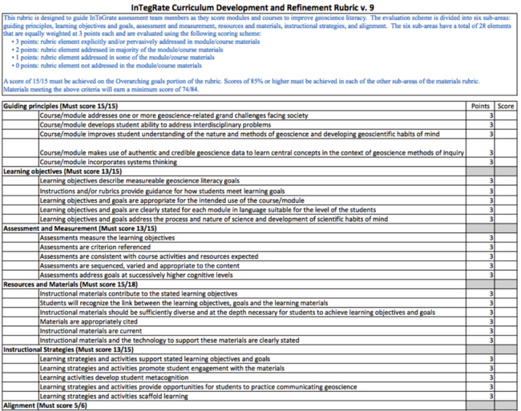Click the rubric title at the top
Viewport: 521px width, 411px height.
point(260,6)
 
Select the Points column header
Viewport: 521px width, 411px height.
point(480,106)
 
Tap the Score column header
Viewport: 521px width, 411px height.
point(505,106)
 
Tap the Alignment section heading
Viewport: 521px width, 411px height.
point(45,405)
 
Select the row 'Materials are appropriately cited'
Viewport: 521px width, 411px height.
point(89,321)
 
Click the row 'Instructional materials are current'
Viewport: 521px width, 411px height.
point(88,331)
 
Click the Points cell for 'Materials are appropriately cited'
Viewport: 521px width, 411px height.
point(480,321)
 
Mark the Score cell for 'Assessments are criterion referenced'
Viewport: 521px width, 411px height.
point(505,247)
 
